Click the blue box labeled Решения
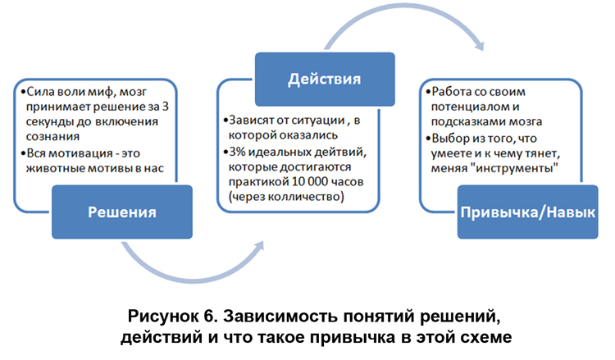pyautogui.click(x=122, y=212)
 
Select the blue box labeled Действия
pyautogui.click(x=325, y=80)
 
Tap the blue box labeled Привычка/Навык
pyautogui.click(x=527, y=212)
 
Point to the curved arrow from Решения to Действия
pyautogui.click(x=192, y=279)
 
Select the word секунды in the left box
pyautogui.click(x=50, y=121)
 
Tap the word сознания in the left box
pyautogui.click(x=52, y=136)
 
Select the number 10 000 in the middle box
pyautogui.click(x=309, y=181)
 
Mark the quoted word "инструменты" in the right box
pyautogui.click(x=514, y=168)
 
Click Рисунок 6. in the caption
pyautogui.click(x=172, y=316)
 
